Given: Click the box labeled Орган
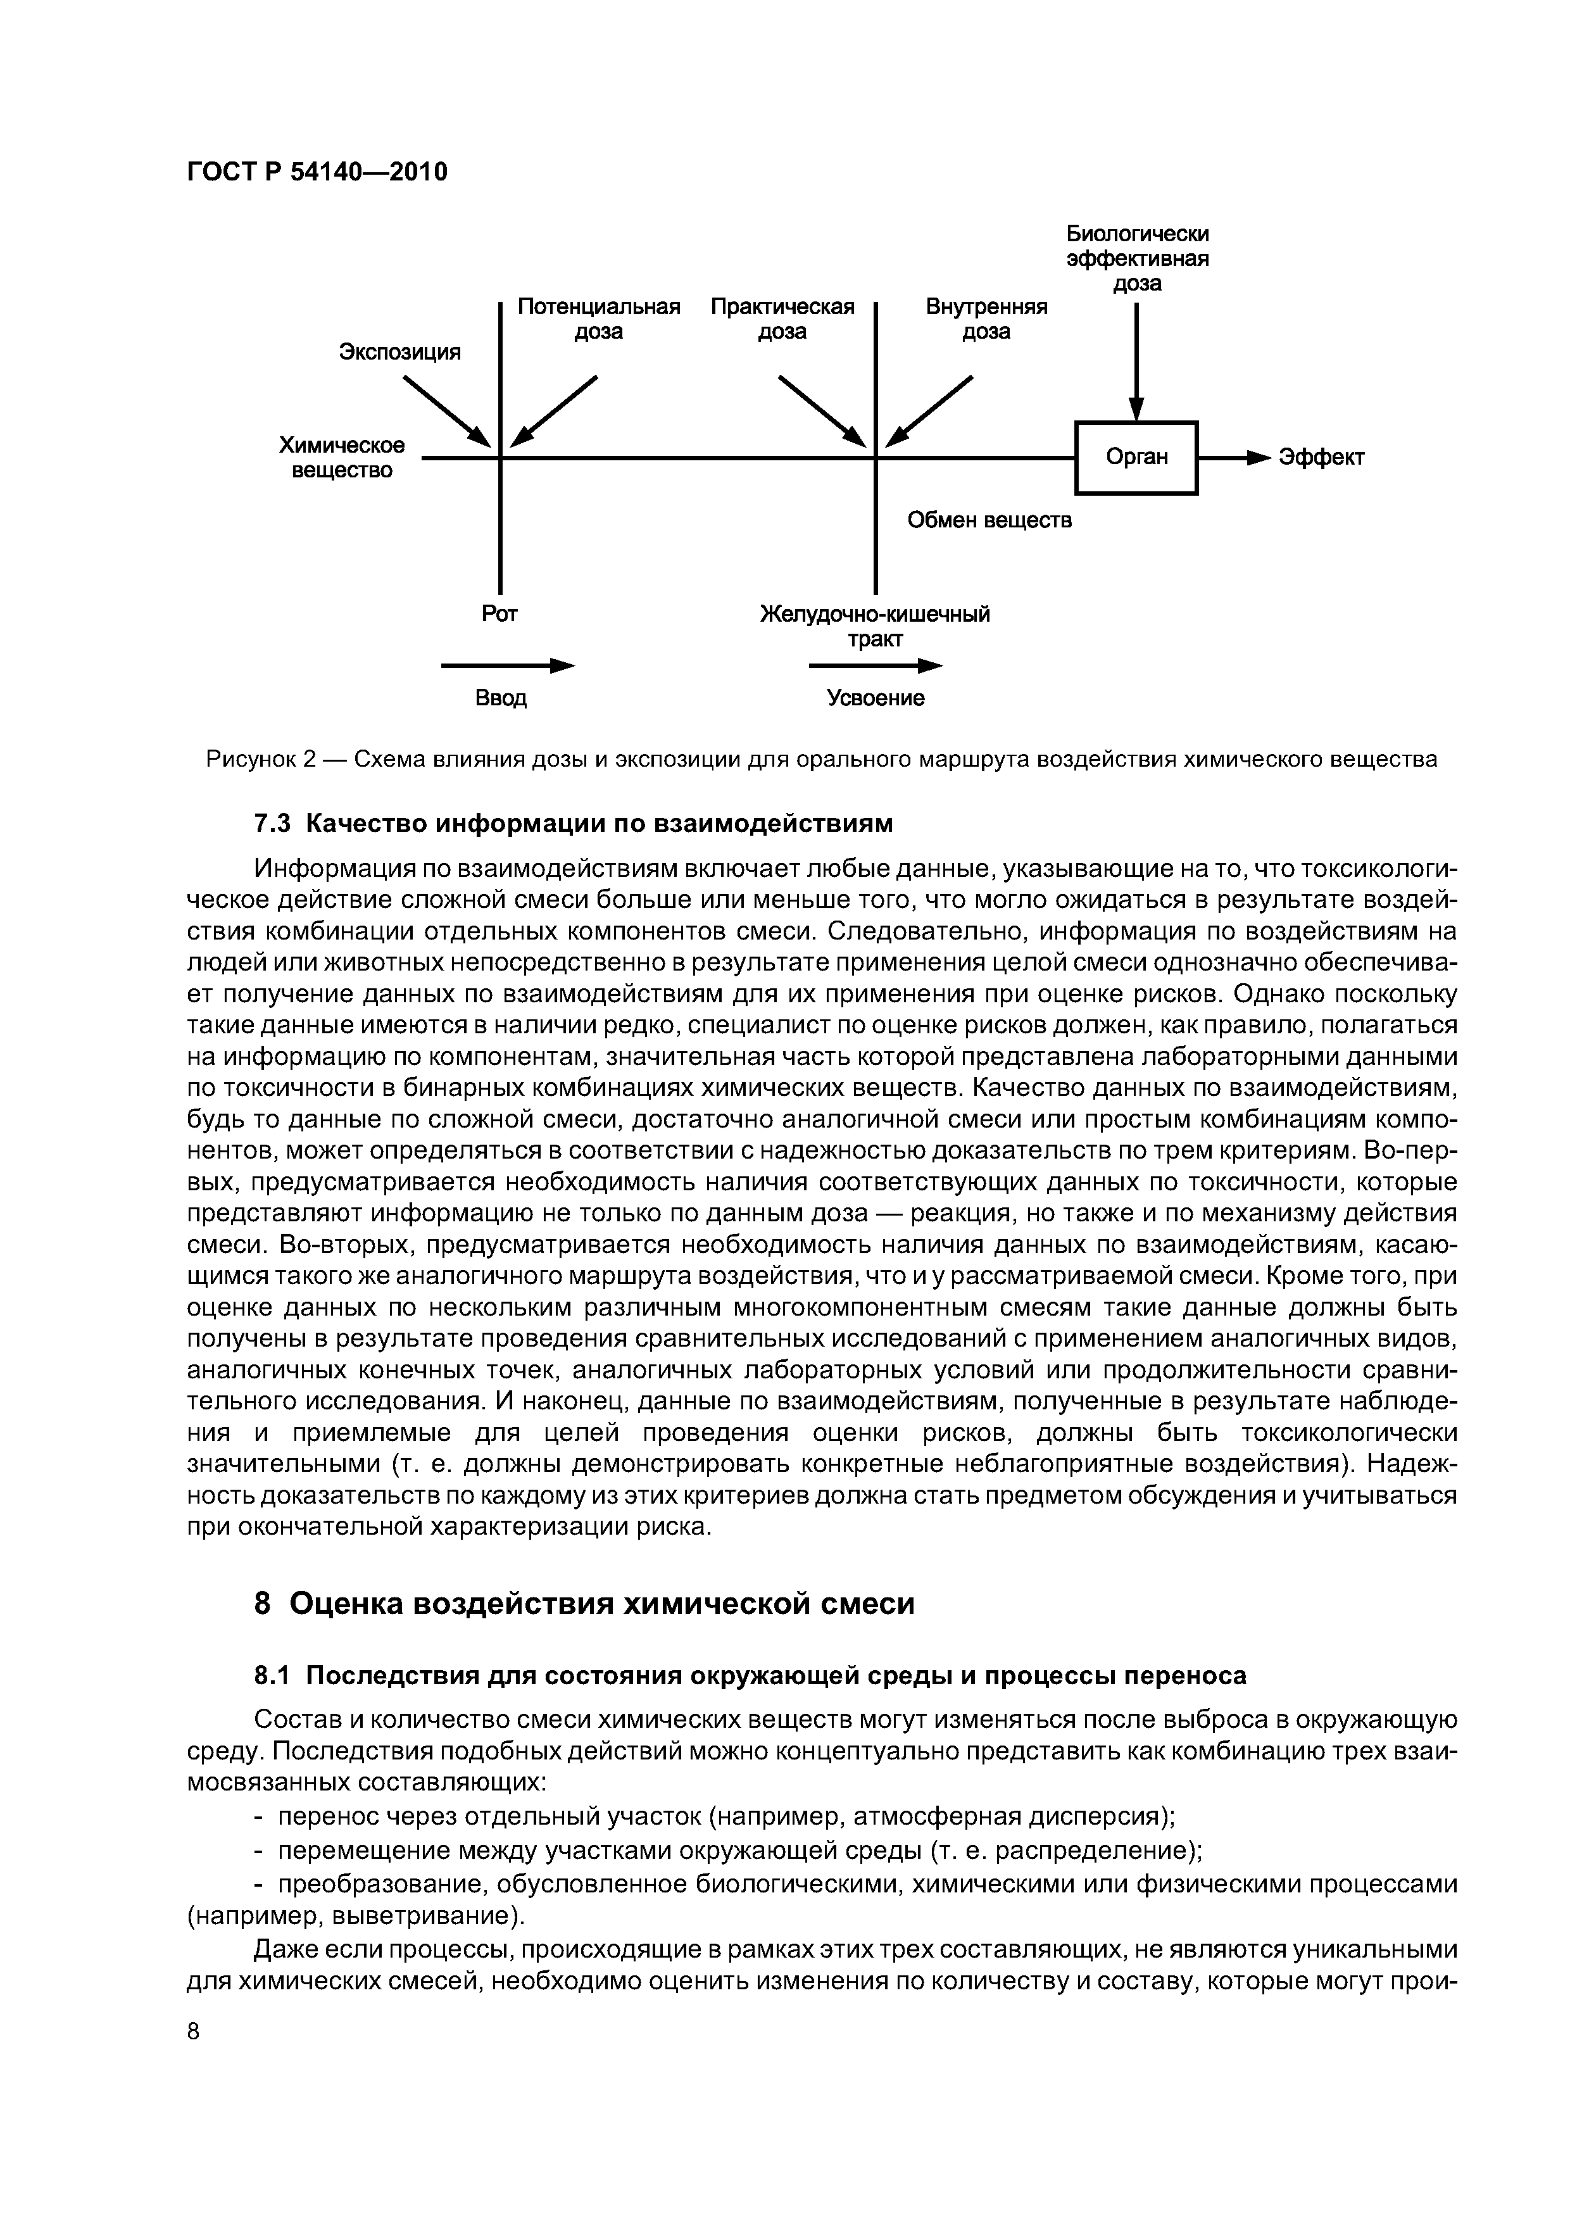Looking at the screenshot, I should click(x=1136, y=458).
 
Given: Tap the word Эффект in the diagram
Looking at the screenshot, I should click(x=1321, y=458).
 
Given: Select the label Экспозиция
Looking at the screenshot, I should click(x=399, y=352).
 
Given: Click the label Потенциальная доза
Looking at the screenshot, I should click(x=599, y=319).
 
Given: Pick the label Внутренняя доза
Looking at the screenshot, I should click(x=987, y=319).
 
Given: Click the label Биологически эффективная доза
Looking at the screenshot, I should click(x=1138, y=258).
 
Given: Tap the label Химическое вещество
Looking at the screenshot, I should click(x=341, y=458).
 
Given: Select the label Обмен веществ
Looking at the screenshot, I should click(x=989, y=520).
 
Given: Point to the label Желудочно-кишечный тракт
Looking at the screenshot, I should click(x=876, y=627).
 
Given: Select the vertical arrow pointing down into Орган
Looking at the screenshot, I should click(x=1138, y=363).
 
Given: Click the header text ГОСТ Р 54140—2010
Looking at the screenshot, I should click(x=317, y=172).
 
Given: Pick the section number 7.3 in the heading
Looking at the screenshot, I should click(x=271, y=823).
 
